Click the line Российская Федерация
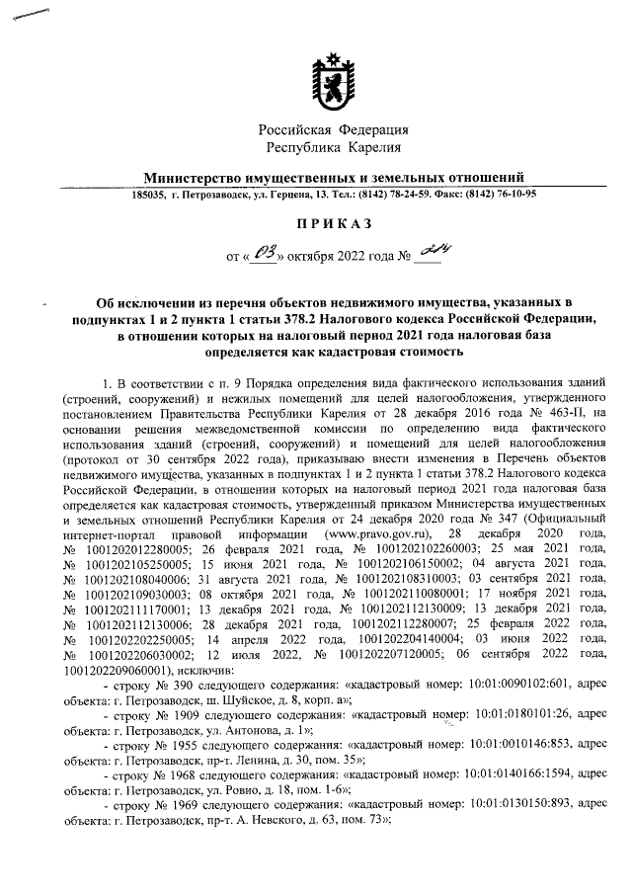pyautogui.click(x=334, y=130)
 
